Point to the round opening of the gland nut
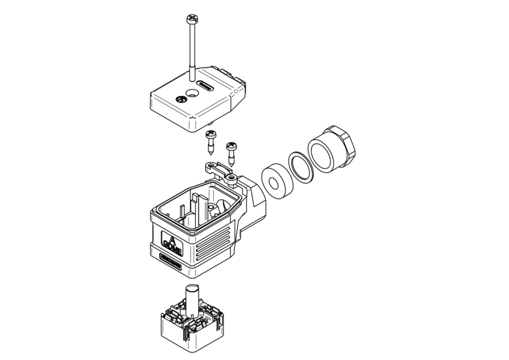[323, 152]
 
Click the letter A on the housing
[172, 237]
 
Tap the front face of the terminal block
[174, 331]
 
